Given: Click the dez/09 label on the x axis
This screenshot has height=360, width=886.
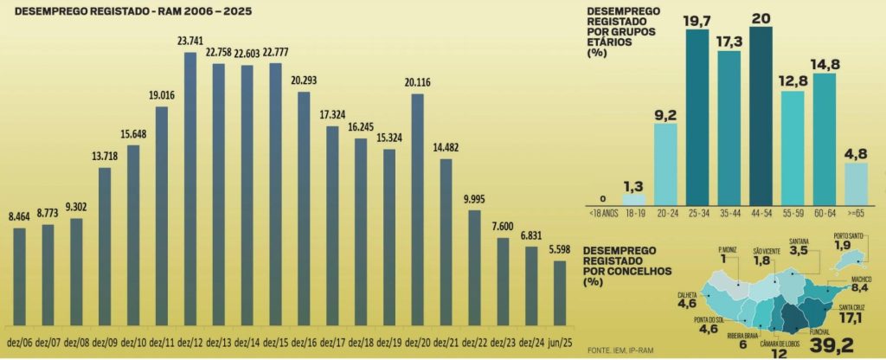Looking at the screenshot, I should tap(105, 341).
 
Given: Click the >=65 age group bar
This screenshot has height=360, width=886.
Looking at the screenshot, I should tap(856, 183).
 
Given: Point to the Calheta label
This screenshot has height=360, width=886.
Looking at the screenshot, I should tap(689, 294).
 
